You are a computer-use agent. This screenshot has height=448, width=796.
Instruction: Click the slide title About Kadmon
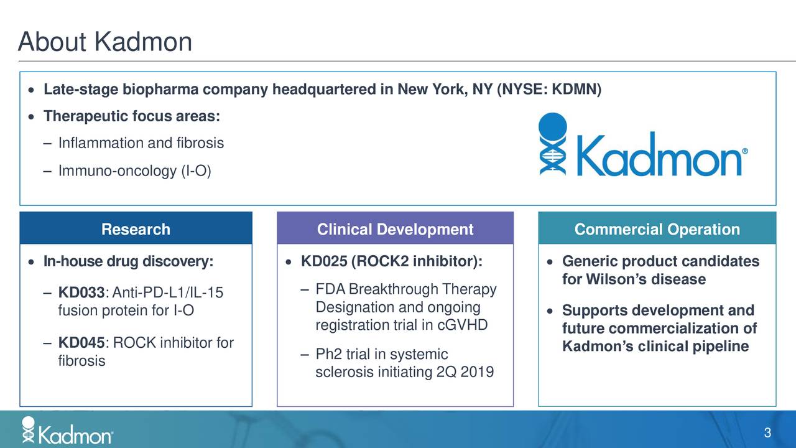[x=105, y=42]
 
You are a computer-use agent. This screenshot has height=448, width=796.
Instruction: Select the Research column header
[x=136, y=230]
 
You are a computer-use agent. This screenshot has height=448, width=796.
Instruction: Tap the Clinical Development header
[x=395, y=230]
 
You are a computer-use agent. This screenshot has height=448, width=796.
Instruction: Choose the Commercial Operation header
[x=657, y=230]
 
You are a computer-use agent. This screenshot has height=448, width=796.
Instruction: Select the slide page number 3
[x=767, y=434]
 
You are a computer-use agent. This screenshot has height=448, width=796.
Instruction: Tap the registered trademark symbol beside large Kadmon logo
[x=744, y=152]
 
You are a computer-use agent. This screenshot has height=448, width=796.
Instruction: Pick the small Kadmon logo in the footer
[x=67, y=431]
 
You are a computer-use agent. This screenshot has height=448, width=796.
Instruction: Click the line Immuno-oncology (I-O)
[x=134, y=170]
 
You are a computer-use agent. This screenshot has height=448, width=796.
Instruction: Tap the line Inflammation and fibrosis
[x=141, y=143]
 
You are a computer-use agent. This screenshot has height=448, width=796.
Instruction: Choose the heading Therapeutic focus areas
[x=131, y=117]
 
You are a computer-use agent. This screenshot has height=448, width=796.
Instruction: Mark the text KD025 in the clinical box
[x=323, y=261]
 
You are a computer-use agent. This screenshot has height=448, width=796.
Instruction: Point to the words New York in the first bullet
[x=433, y=91]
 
